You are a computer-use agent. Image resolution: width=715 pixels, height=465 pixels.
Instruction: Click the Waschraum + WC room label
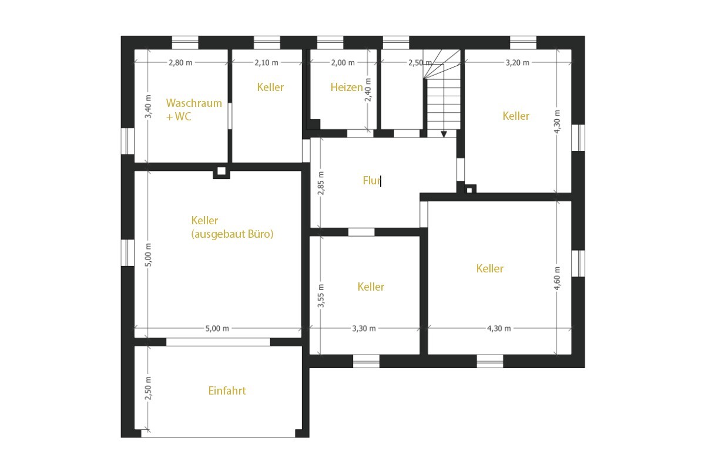[194, 110]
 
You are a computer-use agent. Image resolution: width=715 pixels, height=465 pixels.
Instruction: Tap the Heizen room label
[347, 87]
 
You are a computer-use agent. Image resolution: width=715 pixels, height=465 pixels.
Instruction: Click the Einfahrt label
[227, 390]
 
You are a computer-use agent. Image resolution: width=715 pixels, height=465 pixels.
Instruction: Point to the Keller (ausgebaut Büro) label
[232, 227]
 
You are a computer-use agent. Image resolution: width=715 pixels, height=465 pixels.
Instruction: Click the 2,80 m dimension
[180, 62]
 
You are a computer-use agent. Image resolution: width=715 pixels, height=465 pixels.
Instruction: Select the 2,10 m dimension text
[266, 62]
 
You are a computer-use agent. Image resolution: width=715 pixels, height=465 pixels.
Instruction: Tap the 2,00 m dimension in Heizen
[343, 62]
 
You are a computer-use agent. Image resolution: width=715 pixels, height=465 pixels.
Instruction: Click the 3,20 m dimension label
[517, 62]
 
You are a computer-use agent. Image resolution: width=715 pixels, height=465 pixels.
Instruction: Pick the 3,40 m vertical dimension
[148, 106]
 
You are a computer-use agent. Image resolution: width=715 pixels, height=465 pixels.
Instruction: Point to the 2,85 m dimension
[321, 183]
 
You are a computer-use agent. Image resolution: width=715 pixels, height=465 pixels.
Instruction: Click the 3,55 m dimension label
[321, 296]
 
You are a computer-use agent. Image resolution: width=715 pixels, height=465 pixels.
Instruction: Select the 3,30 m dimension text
[364, 328]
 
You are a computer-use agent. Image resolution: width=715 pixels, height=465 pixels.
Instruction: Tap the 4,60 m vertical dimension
[557, 278]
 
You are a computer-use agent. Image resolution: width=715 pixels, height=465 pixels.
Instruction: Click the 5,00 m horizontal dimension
[217, 328]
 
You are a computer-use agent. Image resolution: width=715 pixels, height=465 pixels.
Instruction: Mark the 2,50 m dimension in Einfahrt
[148, 388]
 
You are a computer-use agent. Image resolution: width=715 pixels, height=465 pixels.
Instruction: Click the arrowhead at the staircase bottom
[444, 134]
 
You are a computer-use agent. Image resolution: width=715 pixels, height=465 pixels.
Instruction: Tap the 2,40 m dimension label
[368, 90]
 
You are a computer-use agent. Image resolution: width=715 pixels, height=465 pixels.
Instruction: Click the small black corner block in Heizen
[314, 124]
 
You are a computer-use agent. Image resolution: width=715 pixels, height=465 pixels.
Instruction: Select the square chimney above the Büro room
[221, 171]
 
